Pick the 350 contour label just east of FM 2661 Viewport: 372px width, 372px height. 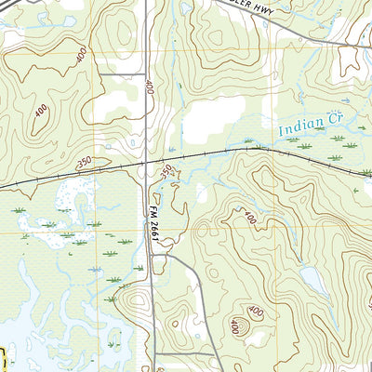tap(166, 172)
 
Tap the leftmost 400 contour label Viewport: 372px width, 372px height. tap(41, 112)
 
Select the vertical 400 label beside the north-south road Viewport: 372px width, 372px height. tap(147, 87)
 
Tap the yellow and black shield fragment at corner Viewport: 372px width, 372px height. tap(3, 359)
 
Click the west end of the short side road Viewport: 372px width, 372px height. tap(97, 73)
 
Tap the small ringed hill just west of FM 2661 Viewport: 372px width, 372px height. tap(137, 302)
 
